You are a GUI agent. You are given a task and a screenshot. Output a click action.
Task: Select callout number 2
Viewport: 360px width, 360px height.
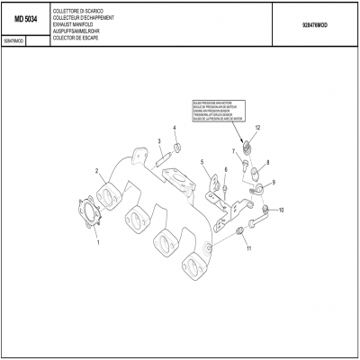[96, 170]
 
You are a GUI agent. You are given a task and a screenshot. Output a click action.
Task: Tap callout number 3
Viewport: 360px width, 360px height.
[158, 141]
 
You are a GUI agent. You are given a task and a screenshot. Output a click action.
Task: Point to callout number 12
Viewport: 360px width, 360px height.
[257, 129]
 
